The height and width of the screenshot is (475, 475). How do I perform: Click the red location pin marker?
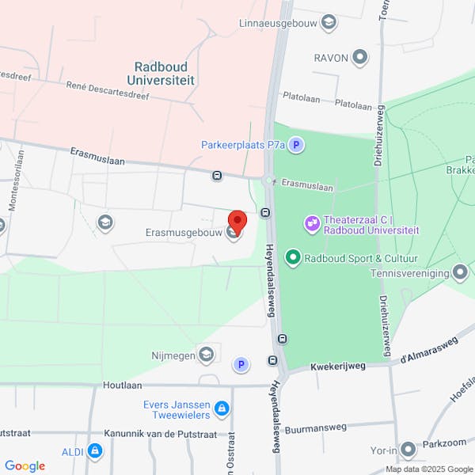point(237,221)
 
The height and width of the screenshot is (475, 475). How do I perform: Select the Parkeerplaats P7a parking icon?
point(296,145)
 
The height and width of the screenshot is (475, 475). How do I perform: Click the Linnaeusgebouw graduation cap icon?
point(328,23)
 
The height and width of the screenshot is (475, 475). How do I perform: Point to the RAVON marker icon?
point(360,57)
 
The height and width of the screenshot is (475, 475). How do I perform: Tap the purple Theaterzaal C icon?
point(312,224)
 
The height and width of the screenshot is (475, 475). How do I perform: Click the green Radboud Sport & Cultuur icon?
point(293,257)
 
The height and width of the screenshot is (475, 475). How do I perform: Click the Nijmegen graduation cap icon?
point(207,355)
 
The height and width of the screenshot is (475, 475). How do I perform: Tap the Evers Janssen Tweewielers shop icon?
point(222,408)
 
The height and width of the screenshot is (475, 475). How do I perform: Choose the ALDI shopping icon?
point(95,451)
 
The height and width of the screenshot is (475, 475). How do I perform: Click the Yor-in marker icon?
point(408,450)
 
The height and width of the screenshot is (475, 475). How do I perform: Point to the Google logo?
point(25,466)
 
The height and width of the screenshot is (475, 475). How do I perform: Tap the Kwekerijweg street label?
point(337,367)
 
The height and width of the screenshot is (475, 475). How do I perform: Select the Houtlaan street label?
point(122,385)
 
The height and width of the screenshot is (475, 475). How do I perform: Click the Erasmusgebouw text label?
point(184,232)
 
